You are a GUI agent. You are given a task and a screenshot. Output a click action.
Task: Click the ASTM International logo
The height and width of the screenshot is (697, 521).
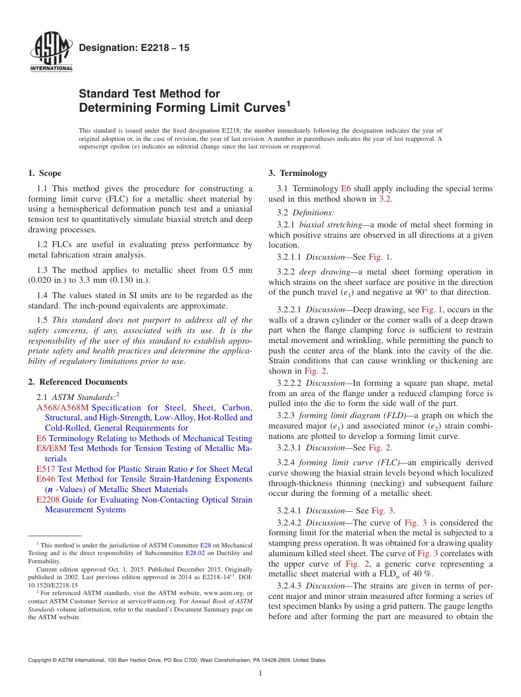[x=51, y=53]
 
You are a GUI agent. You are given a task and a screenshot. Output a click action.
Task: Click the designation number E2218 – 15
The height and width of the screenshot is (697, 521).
[x=134, y=48]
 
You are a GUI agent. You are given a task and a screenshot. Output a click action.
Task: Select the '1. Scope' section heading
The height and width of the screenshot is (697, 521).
[x=45, y=174]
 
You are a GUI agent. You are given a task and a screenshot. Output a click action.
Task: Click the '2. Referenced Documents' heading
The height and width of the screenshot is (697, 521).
[x=78, y=382]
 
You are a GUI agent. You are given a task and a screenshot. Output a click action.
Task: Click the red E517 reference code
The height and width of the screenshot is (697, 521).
[x=46, y=469]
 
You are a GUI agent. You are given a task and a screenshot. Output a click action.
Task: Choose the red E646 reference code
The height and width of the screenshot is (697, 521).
[x=46, y=479]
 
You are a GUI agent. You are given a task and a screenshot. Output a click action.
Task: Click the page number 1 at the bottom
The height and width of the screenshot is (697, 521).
[x=260, y=673]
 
